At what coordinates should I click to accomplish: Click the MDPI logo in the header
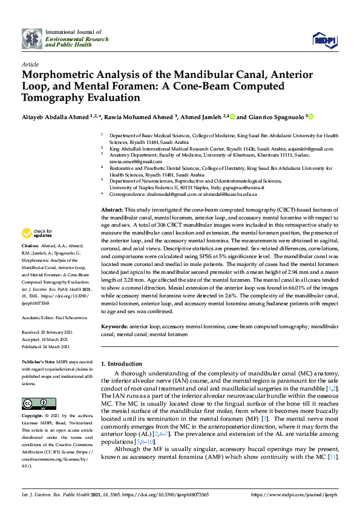click(324, 39)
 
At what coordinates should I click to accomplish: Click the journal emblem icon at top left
click(33, 39)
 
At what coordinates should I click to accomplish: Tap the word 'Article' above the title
click(30, 63)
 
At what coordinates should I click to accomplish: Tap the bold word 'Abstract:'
click(112, 209)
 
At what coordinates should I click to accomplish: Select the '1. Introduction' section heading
click(120, 364)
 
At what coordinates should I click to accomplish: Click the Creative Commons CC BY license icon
click(34, 403)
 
